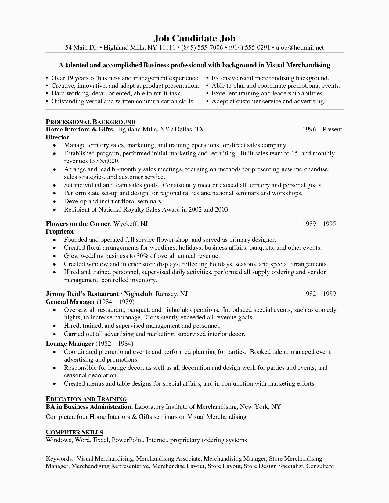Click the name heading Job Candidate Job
coord(194,38)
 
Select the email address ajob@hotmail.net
coord(300,48)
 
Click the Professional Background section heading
coord(90,122)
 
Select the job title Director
coord(57,137)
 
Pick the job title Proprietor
coord(60,231)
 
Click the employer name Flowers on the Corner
coord(78,224)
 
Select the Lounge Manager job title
coord(70,344)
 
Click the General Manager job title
coord(70,302)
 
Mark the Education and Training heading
coord(86,399)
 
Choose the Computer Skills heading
coord(74,432)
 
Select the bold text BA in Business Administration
coord(88,407)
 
